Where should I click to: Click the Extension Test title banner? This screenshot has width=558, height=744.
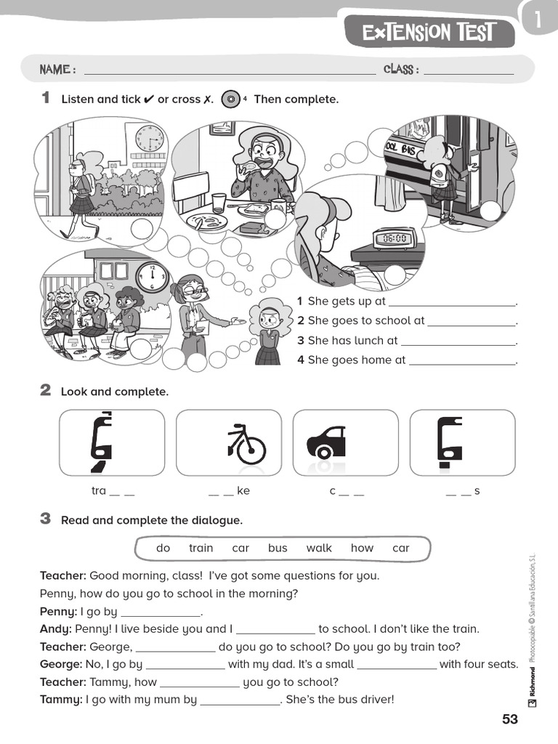429,32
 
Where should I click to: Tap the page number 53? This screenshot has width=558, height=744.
510,719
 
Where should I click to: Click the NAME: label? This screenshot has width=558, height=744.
57,69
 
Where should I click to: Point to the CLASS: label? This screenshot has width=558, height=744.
401,69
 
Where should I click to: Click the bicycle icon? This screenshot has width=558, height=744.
246,445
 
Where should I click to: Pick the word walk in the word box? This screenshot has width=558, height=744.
319,548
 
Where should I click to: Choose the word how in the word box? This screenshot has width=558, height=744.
362,548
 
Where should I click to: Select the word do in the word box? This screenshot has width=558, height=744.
163,548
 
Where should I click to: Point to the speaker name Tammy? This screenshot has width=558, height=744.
61,700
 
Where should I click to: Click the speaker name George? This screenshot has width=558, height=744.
62,664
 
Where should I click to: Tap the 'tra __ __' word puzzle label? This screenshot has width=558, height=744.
113,491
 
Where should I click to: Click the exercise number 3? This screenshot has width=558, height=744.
46,519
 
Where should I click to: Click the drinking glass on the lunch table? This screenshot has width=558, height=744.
219,203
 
